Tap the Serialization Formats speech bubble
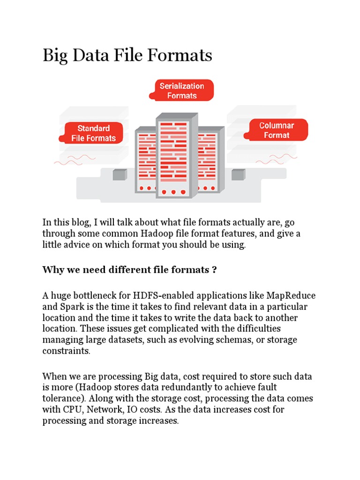coord(182,90)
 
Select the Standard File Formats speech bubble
coord(93,133)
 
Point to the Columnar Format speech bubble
coord(277,130)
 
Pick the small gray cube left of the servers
coord(120,174)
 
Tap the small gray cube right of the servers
coord(238,174)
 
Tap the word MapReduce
coord(291,296)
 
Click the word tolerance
coord(61,399)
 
